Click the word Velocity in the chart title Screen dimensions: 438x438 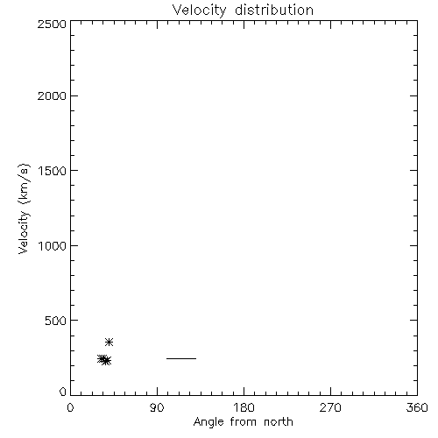tap(199, 11)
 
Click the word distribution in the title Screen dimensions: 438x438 tap(274, 10)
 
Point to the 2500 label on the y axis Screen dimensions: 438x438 tap(52, 24)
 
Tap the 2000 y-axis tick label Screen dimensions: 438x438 tap(52, 95)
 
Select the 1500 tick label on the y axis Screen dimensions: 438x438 tap(53, 171)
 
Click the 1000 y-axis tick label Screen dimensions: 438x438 tap(53, 246)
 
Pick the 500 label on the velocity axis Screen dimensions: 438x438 tap(56, 321)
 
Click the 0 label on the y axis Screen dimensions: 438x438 tap(63, 392)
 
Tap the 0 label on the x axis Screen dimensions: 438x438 tap(70, 407)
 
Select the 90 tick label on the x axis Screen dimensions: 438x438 tap(157, 407)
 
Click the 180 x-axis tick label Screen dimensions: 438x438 tap(244, 407)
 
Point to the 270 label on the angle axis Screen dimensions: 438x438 tap(330, 407)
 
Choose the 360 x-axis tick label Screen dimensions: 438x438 tap(417, 407)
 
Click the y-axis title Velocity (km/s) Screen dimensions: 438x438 tap(24, 208)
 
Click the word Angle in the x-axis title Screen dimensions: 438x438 tap(208, 422)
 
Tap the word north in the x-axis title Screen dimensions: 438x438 tap(279, 421)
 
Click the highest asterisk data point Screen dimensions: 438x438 tap(109, 342)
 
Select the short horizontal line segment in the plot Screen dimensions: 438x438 tap(181, 358)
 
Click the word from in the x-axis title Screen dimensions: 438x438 tap(244, 421)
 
